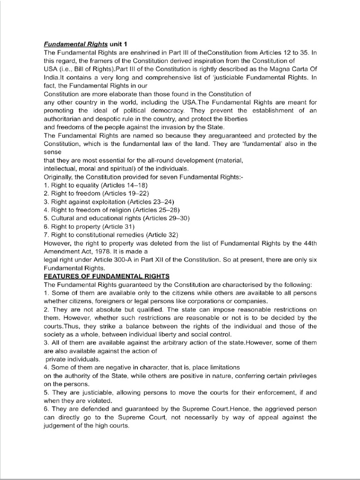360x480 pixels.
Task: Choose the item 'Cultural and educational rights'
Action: point(93,218)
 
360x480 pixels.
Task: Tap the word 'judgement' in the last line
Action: point(62,425)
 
